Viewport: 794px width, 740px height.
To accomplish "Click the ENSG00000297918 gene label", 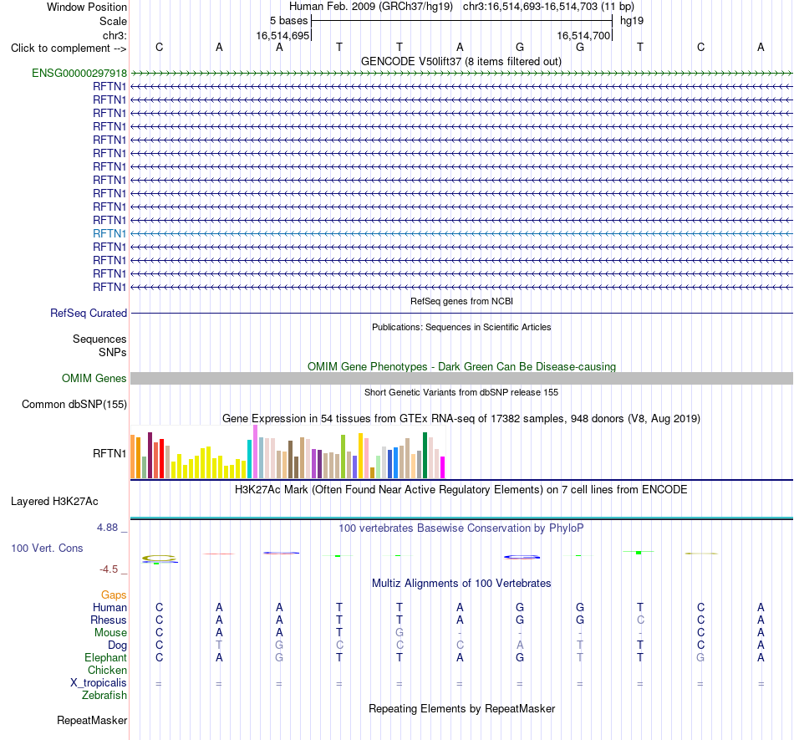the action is pos(79,74).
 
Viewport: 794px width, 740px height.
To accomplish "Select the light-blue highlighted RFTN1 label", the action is pos(109,233).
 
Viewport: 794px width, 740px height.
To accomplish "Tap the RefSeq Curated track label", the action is pos(89,313).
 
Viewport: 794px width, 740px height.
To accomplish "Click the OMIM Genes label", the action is pos(94,378).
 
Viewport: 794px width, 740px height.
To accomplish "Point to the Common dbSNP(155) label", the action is pos(74,404).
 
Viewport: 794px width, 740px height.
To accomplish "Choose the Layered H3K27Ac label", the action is pos(54,502).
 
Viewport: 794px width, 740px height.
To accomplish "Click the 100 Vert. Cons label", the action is pos(47,548).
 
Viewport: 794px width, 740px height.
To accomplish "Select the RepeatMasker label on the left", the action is pos(92,720).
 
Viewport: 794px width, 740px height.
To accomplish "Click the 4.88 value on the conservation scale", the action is pos(107,528).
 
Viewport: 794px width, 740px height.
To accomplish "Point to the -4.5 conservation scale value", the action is pos(109,569).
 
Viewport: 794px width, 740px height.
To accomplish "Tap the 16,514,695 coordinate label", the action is pos(282,35).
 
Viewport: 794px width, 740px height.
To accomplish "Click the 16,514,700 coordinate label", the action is pos(583,35).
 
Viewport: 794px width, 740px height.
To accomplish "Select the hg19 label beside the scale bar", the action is pos(632,21).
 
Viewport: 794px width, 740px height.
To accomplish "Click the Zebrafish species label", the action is pos(104,696).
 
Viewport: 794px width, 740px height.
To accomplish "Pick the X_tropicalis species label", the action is pos(99,683).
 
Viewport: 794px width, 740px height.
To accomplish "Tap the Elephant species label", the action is pos(106,657).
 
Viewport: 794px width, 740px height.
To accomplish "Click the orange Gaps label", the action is pos(114,595).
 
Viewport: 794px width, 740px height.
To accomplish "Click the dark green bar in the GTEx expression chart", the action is pos(425,456).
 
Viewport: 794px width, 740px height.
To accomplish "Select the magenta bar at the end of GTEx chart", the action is pos(443,467).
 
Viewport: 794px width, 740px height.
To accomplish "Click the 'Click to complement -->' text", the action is pos(69,48).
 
